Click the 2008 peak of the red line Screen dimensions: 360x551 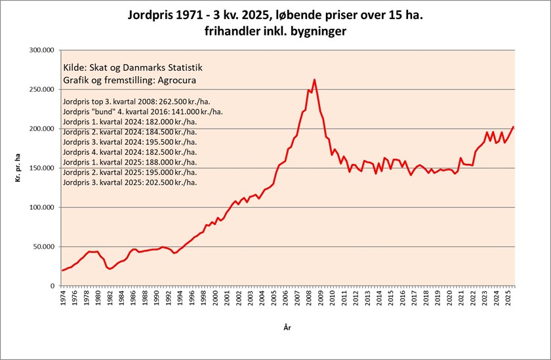314,80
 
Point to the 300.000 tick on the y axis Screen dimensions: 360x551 41,50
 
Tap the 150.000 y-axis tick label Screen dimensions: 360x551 41,168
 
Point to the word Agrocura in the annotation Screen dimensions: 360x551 174,79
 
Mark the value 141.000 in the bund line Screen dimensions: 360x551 178,112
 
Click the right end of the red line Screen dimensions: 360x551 513,127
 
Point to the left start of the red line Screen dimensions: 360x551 62,270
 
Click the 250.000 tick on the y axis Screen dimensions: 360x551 41,89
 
